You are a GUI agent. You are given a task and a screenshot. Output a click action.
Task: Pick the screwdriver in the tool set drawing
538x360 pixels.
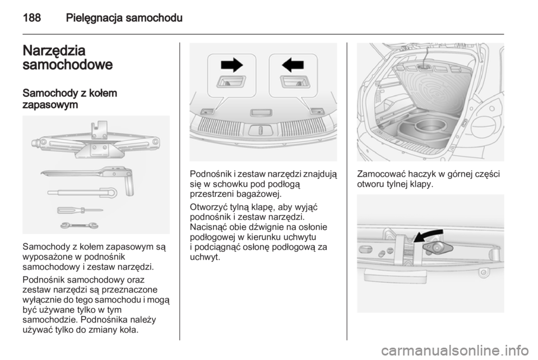click(x=78, y=211)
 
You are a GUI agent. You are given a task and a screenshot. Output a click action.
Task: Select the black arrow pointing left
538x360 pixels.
click(x=292, y=66)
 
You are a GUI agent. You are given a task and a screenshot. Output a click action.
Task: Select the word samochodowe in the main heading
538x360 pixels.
click(x=68, y=64)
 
